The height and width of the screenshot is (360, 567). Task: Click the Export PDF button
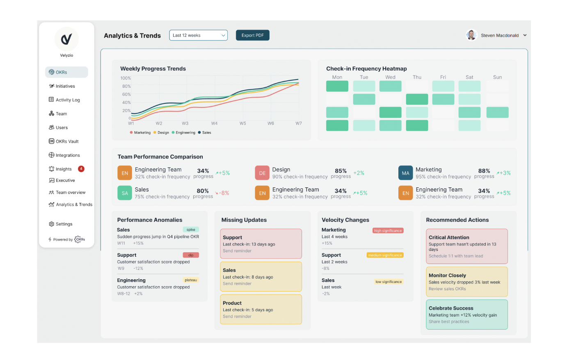[252, 35]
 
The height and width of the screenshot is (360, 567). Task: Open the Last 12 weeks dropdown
[198, 35]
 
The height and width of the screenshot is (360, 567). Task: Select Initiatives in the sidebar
[65, 86]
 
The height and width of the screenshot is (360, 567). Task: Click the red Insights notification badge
[81, 169]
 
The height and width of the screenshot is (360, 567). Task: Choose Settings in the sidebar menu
[64, 224]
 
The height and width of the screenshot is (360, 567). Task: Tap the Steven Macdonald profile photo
[471, 35]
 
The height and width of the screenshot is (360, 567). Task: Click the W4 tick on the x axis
[214, 123]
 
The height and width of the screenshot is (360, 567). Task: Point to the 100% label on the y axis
[126, 78]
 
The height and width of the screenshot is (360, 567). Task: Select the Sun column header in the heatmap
[497, 77]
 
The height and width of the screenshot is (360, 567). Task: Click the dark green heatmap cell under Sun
[497, 112]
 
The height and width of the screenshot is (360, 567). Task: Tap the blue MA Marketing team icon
[405, 173]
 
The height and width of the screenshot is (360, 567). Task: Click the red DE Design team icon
[262, 173]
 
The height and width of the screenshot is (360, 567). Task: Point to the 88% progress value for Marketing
[484, 171]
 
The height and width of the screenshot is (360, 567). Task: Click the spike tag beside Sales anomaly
[191, 230]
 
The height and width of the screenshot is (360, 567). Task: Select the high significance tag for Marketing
[388, 230]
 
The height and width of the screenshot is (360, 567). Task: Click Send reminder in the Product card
[237, 317]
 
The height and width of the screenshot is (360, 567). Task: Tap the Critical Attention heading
[449, 237]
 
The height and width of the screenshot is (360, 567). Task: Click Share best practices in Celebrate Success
[449, 322]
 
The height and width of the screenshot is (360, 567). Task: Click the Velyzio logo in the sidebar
[66, 39]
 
